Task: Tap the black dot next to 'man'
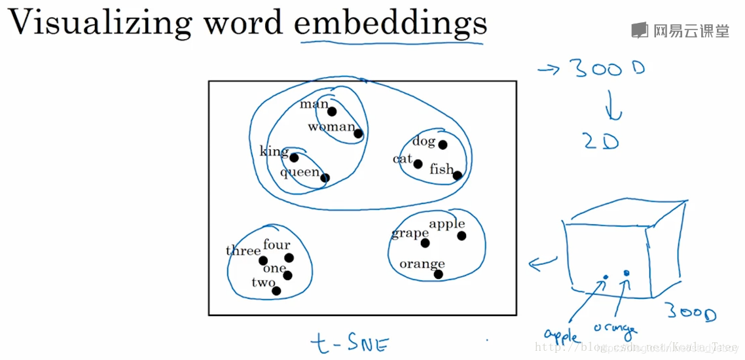point(332,111)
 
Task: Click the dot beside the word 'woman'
point(358,134)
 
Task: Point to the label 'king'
point(274,152)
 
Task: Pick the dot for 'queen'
point(325,178)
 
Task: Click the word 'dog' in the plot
point(424,141)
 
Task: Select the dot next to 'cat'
point(418,164)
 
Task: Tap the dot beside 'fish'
point(457,175)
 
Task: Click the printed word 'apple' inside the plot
point(446,225)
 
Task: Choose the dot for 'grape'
point(426,243)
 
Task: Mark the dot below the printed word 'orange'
point(438,274)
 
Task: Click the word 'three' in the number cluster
point(243,251)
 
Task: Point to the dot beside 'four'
point(289,258)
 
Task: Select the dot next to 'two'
point(276,291)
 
